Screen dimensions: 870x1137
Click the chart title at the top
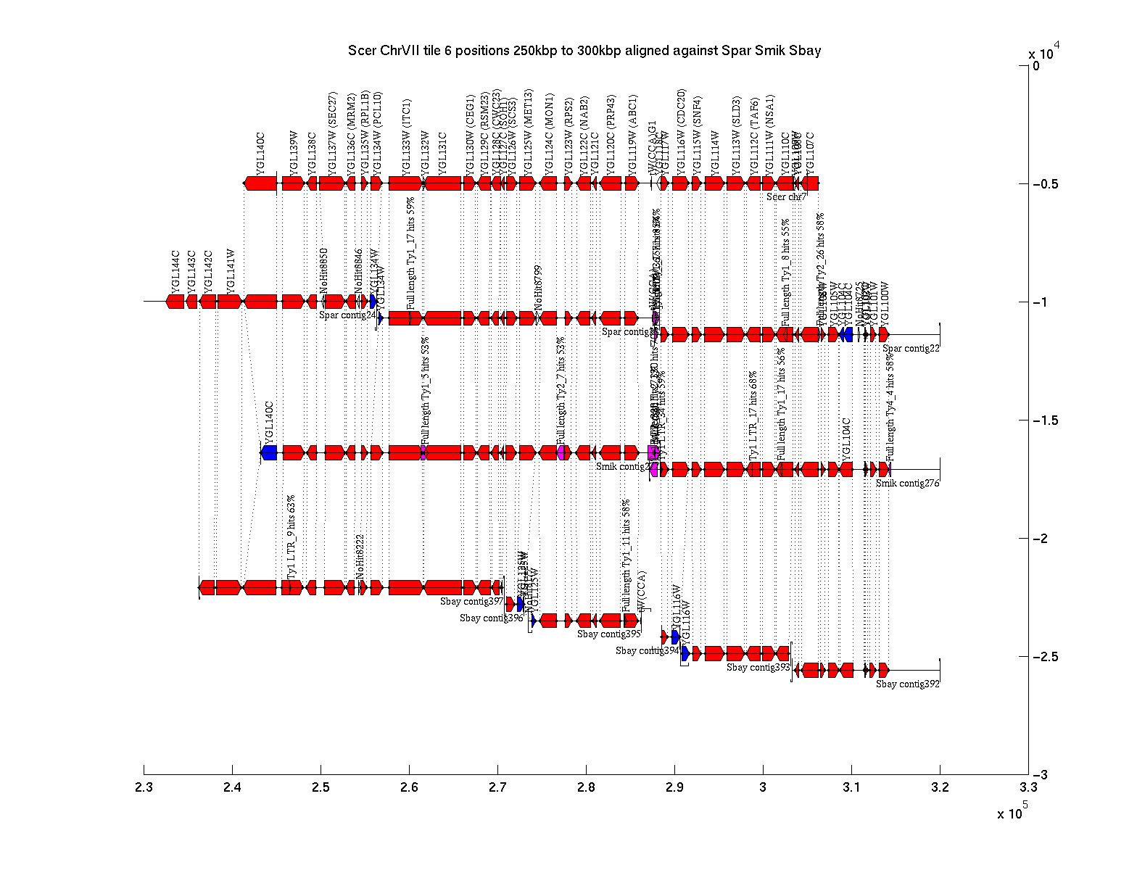pos(584,51)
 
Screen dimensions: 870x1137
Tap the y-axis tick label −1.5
pos(1047,420)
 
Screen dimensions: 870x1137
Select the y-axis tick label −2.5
pos(1047,657)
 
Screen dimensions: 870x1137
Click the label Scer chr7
pos(786,197)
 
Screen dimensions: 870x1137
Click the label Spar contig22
pos(911,349)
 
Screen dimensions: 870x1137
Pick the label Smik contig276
pos(907,484)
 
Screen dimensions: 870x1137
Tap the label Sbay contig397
pos(471,602)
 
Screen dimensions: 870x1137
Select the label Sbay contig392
pos(907,684)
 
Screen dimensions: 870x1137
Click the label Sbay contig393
pos(758,668)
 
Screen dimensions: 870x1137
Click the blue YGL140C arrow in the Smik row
pos(269,453)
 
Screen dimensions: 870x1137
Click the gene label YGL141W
pos(230,270)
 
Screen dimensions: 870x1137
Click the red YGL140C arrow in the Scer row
pos(260,183)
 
